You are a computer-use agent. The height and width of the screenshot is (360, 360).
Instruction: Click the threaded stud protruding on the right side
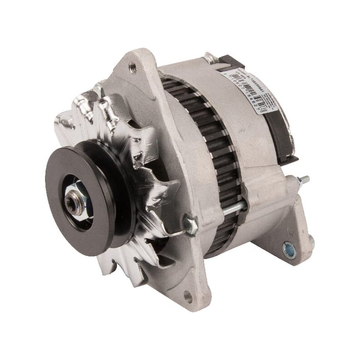(x=304, y=180)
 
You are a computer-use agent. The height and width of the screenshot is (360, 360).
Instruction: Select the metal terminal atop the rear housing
(x=209, y=58)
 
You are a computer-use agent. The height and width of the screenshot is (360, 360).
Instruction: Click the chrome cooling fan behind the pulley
(x=135, y=148)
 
